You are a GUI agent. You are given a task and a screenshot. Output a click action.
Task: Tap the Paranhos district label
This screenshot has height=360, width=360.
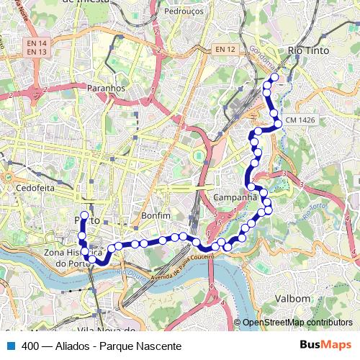click(x=106, y=88)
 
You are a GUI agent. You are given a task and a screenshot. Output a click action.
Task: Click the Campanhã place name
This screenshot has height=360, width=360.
click(x=235, y=197)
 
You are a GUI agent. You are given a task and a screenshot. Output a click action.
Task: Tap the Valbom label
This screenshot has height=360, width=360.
click(x=292, y=297)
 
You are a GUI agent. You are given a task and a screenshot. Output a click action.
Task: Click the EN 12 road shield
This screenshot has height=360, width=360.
click(x=225, y=49)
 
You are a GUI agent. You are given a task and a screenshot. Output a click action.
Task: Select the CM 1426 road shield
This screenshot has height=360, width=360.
click(x=300, y=118)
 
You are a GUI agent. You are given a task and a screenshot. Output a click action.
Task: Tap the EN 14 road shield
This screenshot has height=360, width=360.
click(x=36, y=42)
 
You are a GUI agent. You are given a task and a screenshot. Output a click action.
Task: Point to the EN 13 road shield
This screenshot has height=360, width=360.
click(x=36, y=52)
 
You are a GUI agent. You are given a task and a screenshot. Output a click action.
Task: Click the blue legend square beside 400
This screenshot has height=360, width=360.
click(x=11, y=346)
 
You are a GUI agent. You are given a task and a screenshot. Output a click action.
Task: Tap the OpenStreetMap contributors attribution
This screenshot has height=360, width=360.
click(x=297, y=323)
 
